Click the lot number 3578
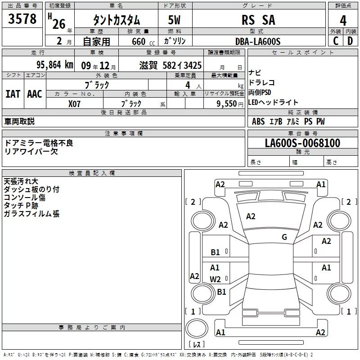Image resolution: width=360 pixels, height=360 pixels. tap(22, 19)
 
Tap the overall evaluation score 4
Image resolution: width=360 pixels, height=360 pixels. tap(343, 20)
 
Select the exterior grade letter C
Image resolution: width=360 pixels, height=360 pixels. tap(335, 41)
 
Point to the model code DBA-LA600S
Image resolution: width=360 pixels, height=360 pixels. tap(257, 41)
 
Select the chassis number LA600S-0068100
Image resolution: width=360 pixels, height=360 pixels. tap(302, 143)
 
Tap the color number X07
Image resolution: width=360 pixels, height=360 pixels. tap(75, 103)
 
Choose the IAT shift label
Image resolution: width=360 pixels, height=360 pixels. tap(13, 94)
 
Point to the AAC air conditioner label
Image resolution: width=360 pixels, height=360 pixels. tap(35, 94)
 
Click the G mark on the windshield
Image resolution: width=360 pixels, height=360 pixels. tap(284, 237)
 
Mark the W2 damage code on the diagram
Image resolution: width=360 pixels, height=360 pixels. tap(215, 279)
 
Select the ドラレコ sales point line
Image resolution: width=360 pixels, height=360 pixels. tap(261, 83)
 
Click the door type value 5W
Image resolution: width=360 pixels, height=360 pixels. tap(175, 20)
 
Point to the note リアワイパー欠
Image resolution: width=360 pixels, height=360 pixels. tap(31, 151)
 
